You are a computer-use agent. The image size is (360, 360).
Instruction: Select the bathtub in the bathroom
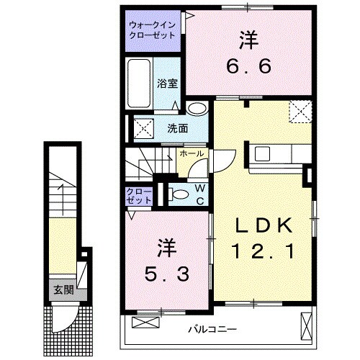[140, 84]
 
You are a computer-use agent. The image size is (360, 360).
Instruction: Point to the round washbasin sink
[196, 109]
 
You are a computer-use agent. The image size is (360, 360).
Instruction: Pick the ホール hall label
[191, 153]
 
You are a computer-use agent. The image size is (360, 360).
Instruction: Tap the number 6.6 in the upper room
[250, 68]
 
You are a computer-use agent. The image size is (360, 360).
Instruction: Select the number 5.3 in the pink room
[164, 274]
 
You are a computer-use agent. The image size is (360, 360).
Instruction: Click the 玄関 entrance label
[63, 291]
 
